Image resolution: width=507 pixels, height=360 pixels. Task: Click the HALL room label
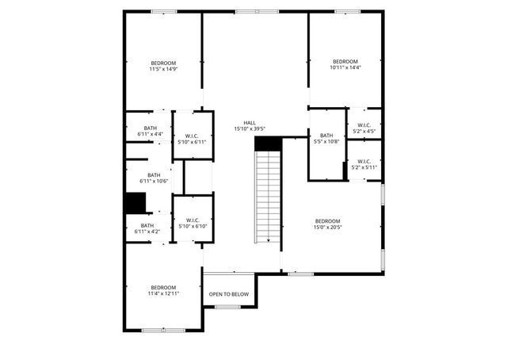[250, 123]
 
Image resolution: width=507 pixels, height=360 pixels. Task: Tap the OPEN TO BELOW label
[228, 294]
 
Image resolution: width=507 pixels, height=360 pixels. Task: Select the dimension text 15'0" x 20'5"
[327, 228]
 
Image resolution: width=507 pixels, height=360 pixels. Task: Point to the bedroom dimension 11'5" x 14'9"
[164, 70]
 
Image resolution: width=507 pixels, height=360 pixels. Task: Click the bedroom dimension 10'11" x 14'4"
[345, 68]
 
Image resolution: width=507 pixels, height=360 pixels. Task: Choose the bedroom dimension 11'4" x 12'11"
[164, 293]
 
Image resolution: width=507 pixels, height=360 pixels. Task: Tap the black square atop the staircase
[268, 142]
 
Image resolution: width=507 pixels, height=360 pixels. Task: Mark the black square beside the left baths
[135, 203]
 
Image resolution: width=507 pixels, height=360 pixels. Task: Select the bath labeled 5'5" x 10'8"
[326, 142]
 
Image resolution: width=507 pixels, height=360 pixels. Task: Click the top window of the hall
[256, 12]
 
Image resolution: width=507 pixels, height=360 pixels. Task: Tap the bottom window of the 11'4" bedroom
[163, 330]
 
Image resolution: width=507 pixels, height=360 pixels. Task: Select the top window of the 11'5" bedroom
[164, 12]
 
